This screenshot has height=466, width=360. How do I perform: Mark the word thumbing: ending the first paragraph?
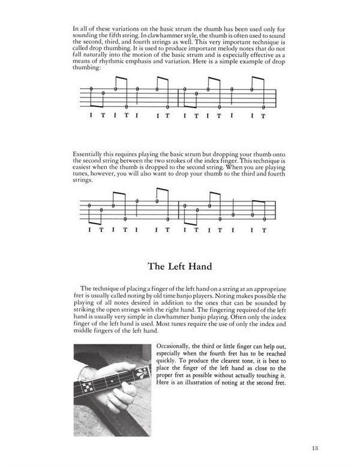(x=85, y=68)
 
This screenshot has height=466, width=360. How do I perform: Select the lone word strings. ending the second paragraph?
(x=82, y=182)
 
